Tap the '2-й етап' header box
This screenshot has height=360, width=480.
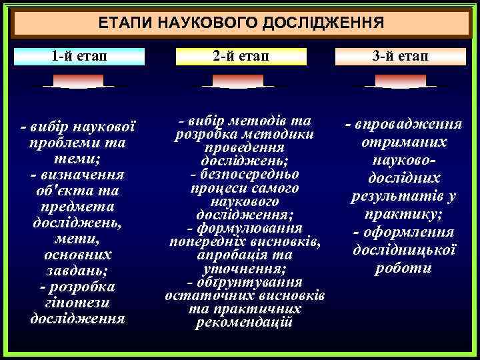pyautogui.click(x=241, y=56)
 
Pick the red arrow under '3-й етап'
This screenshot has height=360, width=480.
pyautogui.click(x=400, y=82)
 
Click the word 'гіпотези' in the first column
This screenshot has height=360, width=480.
pyautogui.click(x=77, y=302)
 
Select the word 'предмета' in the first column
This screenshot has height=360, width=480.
pyautogui.click(x=77, y=207)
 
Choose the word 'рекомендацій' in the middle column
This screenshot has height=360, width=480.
pyautogui.click(x=244, y=323)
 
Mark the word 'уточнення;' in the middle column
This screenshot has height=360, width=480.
pyautogui.click(x=244, y=269)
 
